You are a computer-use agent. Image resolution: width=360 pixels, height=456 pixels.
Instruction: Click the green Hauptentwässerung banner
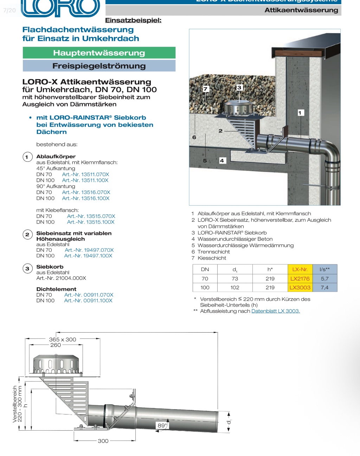tap(99, 53)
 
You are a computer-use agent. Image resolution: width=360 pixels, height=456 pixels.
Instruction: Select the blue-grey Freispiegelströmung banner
tap(99, 66)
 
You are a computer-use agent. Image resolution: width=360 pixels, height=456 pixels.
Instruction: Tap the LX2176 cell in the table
tap(300, 278)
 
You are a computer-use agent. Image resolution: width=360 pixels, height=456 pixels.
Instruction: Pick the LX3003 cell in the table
tap(300, 287)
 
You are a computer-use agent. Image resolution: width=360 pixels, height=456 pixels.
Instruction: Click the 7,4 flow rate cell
tap(324, 287)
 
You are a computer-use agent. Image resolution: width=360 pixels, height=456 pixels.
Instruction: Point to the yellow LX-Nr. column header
tap(300, 269)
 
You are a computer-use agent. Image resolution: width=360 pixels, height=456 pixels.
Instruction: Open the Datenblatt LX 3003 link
tap(276, 311)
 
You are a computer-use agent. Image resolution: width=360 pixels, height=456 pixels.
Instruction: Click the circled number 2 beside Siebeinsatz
tap(27, 235)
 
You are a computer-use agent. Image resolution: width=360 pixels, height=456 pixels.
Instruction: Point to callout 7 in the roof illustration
tap(206, 89)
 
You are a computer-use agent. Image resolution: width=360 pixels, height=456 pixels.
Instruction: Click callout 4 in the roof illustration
tap(222, 161)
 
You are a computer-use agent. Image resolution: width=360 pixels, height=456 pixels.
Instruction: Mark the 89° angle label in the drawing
tap(162, 425)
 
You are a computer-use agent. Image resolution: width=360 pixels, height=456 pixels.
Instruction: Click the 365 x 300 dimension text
tap(63, 339)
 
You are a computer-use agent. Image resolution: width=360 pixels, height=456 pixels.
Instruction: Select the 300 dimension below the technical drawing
tap(103, 441)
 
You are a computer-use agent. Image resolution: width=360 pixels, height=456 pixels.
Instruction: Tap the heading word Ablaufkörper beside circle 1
tap(56, 156)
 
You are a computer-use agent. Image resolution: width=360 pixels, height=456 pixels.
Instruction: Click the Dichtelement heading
tap(56, 289)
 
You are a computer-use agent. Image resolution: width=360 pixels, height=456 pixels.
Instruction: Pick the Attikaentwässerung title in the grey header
tap(301, 10)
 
